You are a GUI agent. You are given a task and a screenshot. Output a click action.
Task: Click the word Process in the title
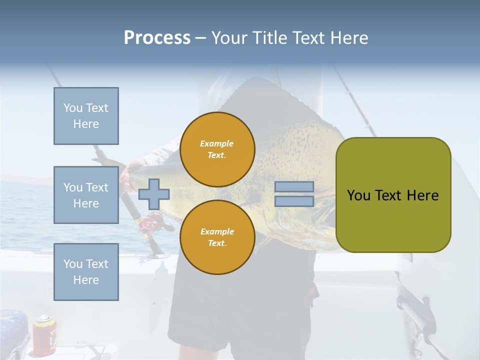[x=157, y=38]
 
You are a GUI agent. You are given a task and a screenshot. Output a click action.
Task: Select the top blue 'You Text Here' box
[x=86, y=116]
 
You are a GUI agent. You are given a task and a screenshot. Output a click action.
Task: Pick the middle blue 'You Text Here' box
[x=86, y=195]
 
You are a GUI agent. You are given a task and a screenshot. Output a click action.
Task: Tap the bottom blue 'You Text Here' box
[x=86, y=272]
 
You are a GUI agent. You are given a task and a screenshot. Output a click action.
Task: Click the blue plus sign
[x=153, y=194]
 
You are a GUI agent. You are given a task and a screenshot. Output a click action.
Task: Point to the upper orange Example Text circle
[x=217, y=149]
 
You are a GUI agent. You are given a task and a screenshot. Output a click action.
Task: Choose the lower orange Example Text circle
[x=217, y=237]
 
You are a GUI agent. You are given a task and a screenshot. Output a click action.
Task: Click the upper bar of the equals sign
[x=294, y=187]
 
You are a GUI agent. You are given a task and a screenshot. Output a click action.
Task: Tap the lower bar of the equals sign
[x=294, y=201]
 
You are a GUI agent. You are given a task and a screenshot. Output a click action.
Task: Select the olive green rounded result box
[x=393, y=195]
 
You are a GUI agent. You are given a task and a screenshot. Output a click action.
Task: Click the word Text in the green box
[x=391, y=195]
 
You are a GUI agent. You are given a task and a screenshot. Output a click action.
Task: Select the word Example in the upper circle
[x=216, y=143]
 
